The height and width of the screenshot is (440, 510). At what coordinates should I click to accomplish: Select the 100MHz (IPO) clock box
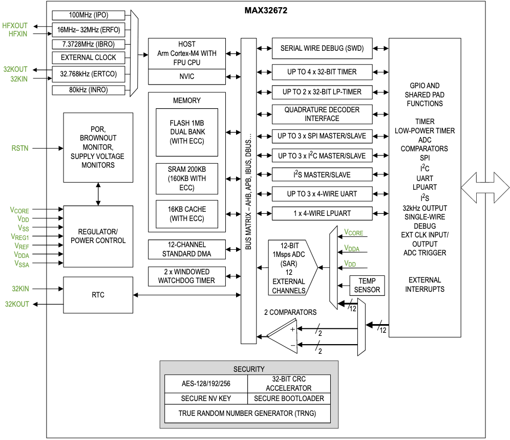coord(88,15)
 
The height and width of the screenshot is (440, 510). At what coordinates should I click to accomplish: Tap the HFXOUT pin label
coord(15,25)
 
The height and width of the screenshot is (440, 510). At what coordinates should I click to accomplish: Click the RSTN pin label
coord(20,148)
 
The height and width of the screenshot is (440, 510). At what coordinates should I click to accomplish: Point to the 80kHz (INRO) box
coord(88,90)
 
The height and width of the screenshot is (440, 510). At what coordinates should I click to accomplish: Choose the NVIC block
coord(186,77)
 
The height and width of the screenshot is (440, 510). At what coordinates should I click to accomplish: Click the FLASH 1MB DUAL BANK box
coord(186,132)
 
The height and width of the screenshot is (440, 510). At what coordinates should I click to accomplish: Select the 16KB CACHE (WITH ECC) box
coord(186,214)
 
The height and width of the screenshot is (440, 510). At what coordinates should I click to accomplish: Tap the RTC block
coord(98,295)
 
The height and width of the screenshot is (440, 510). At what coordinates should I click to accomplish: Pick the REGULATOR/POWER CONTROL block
coord(98,236)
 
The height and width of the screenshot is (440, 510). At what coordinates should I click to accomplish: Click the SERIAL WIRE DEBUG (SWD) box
coord(322,49)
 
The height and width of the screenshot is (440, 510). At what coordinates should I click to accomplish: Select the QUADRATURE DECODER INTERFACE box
coord(322,114)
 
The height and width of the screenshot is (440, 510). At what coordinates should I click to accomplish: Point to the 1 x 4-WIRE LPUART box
coord(322,213)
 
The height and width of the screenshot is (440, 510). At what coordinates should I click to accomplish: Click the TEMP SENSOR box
coord(367,285)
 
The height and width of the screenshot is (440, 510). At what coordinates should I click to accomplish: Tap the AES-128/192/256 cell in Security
coord(206,383)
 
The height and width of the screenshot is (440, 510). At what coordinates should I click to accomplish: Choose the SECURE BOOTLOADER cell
coord(289,398)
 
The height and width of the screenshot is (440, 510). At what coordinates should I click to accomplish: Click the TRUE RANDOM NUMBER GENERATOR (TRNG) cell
coord(247,413)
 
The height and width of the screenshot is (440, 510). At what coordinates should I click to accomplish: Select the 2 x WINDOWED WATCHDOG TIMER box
coord(186,276)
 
